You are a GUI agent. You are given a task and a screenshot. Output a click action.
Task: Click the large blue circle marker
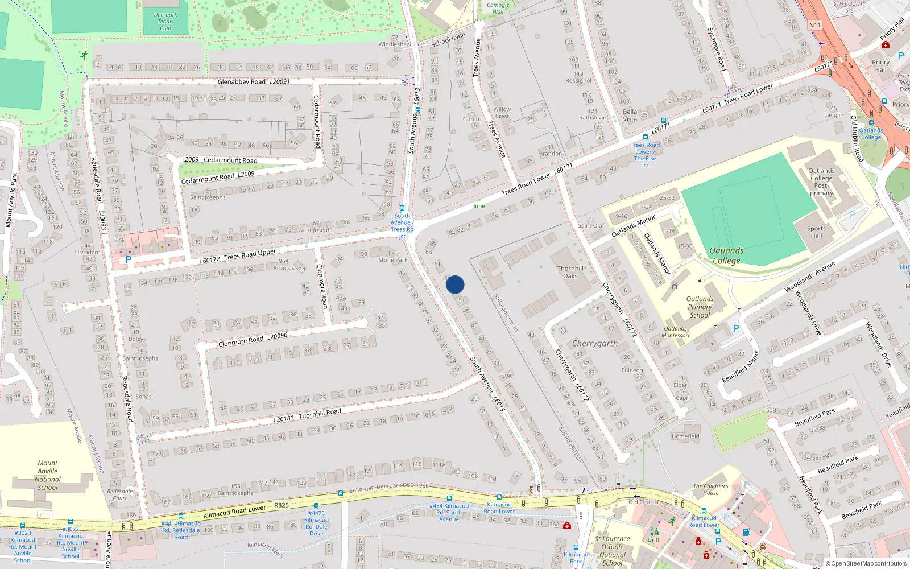coord(455,284)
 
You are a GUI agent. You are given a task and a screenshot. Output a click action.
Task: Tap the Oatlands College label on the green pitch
coord(726,255)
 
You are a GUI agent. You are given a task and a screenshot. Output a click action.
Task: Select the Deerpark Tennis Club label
coord(166,22)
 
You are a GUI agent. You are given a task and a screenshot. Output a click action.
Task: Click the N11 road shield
coord(814,25)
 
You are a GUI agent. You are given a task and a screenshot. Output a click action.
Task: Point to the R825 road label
coord(282,505)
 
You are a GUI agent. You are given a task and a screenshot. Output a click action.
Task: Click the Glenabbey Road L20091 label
coord(254,82)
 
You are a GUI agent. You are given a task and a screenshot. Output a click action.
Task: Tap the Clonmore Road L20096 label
coord(253,340)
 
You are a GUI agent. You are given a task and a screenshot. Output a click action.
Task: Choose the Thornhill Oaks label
coord(570,272)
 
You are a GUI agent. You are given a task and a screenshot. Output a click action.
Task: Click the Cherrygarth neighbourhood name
coord(594,343)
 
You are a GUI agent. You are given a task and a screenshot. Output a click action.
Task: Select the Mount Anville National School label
coord(48,475)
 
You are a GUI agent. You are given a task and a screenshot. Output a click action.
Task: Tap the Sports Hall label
coord(816,232)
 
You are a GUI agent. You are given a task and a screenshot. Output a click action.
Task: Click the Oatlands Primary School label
coord(700,307)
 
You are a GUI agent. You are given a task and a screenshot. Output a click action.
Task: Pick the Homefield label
coord(685,436)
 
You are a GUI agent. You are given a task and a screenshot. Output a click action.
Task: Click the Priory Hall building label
coord(880,65)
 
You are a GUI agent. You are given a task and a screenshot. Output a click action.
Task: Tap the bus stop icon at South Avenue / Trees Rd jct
coord(402,208)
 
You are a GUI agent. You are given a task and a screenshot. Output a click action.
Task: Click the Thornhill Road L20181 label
coord(307,415)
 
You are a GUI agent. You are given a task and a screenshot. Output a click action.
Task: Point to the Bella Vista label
coord(630,116)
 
